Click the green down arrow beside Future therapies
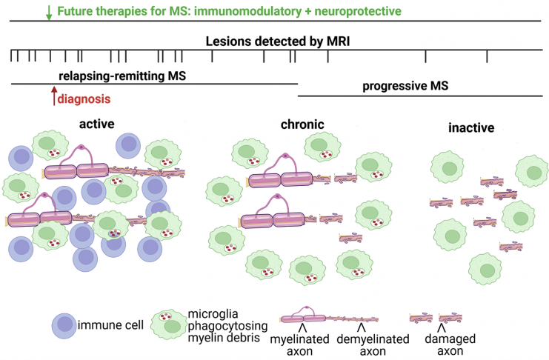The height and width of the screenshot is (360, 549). coord(49,13)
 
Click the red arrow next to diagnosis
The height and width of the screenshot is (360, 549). coord(54,96)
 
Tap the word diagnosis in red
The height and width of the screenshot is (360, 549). coord(84,99)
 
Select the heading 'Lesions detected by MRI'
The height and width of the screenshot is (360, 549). coord(278,41)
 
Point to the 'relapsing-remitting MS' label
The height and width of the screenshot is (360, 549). coord(122,76)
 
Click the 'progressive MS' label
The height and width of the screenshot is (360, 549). coord(405,86)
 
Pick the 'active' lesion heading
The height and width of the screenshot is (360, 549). coord(96,124)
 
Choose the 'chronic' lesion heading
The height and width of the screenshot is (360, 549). coord(302,124)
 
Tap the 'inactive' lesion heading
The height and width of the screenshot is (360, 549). coord(471,128)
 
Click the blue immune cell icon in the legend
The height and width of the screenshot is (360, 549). coord(64,326)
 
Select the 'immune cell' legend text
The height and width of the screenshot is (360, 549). coord(110,325)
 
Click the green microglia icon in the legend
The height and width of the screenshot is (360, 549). coord(169,324)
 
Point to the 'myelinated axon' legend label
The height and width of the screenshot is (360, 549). coord(300,345)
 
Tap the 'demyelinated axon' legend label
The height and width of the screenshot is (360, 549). coord(373,345)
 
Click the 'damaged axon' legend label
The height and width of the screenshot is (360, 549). coord(450,344)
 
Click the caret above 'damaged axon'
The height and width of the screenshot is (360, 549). coord(442,328)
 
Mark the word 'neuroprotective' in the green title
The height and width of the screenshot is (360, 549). coord(358,11)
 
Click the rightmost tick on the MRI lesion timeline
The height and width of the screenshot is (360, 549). coord(487,56)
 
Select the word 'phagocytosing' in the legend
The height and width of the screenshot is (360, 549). coord(228,326)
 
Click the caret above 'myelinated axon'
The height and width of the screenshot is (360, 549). coord(303,328)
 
